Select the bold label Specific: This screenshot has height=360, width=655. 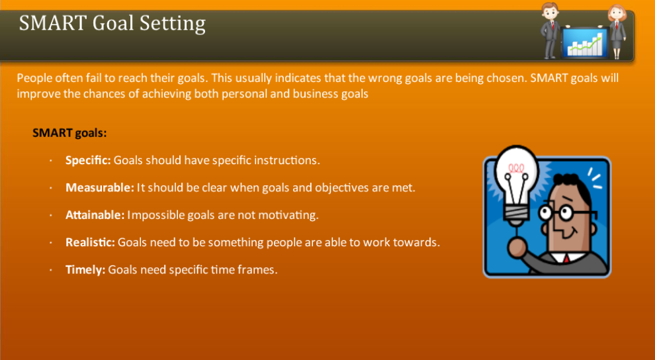click(x=89, y=160)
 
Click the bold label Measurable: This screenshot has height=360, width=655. click(x=100, y=187)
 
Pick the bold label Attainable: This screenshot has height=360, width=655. click(x=95, y=215)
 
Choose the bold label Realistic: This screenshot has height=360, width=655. click(x=90, y=242)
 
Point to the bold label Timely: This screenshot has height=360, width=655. click(x=85, y=270)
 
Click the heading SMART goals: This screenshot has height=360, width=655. click(x=69, y=133)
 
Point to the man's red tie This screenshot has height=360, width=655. click(x=566, y=259)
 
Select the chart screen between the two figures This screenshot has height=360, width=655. click(x=585, y=42)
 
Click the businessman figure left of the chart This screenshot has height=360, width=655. click(x=550, y=30)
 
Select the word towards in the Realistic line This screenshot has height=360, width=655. click(x=415, y=242)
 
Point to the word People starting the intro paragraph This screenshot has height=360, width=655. click(x=34, y=78)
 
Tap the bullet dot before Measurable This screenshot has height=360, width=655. click(x=51, y=188)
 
